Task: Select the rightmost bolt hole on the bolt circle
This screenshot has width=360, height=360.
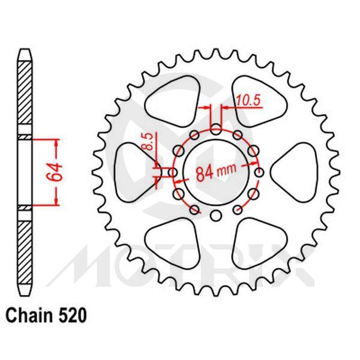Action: coord(259,173)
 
